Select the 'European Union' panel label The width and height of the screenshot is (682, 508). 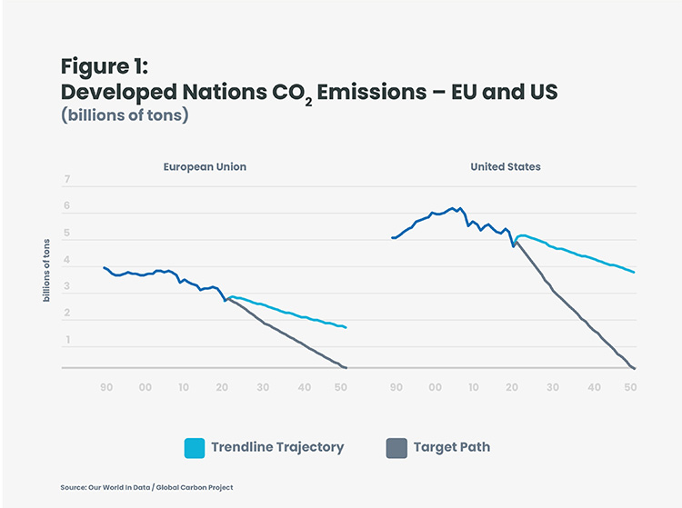click(x=205, y=167)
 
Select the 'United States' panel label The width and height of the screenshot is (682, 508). click(x=506, y=167)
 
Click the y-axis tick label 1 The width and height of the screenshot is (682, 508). click(x=66, y=341)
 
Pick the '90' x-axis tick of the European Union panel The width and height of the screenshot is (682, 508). click(x=106, y=388)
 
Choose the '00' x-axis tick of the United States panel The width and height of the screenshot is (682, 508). click(x=435, y=388)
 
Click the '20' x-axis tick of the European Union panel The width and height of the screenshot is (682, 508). click(x=223, y=388)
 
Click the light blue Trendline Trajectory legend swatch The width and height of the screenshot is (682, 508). click(x=194, y=447)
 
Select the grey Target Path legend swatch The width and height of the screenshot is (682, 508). click(x=396, y=447)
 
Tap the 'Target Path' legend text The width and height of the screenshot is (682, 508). click(x=452, y=447)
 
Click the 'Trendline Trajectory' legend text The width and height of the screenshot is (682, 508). click(x=277, y=447)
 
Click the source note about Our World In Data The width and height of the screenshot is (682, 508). click(x=146, y=488)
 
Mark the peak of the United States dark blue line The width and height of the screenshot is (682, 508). click(x=452, y=208)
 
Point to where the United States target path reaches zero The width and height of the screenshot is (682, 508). click(x=633, y=368)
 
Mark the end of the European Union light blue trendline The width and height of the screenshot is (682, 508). click(x=346, y=327)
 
